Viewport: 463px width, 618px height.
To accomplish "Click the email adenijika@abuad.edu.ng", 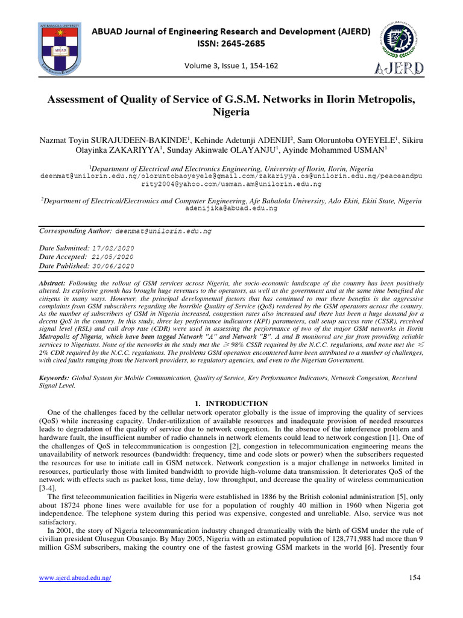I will [231, 208].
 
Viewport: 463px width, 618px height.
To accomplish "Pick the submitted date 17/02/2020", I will [113, 249].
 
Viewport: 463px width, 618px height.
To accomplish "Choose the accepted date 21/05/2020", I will [112, 257].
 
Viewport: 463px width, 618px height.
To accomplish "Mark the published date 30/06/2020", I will [113, 266].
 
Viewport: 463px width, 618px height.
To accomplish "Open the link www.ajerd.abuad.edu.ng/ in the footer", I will [75, 578].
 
